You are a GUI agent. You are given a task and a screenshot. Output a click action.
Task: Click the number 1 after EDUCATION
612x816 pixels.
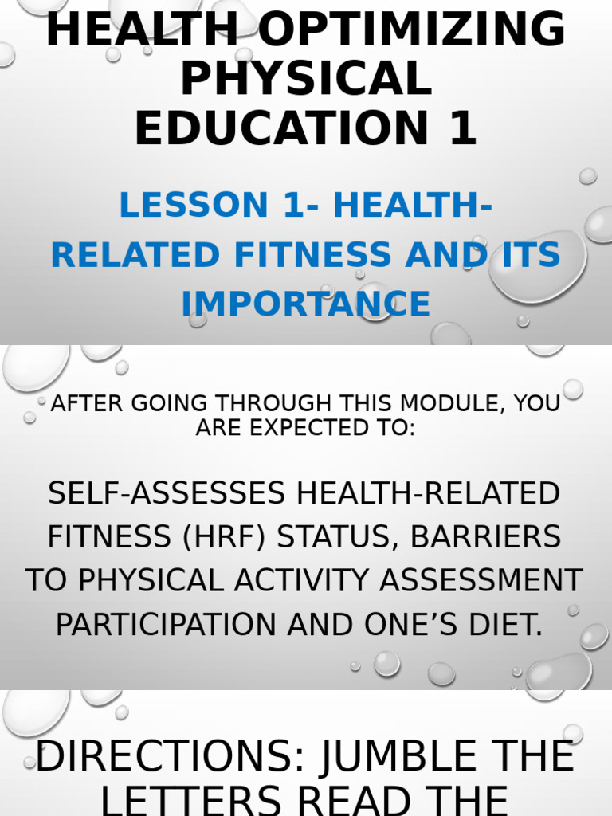461,128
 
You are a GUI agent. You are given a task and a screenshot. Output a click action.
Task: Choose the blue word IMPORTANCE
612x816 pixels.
306,304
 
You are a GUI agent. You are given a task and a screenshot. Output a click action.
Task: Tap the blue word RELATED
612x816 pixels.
135,255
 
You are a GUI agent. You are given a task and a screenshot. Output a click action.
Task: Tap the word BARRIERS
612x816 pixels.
485,537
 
